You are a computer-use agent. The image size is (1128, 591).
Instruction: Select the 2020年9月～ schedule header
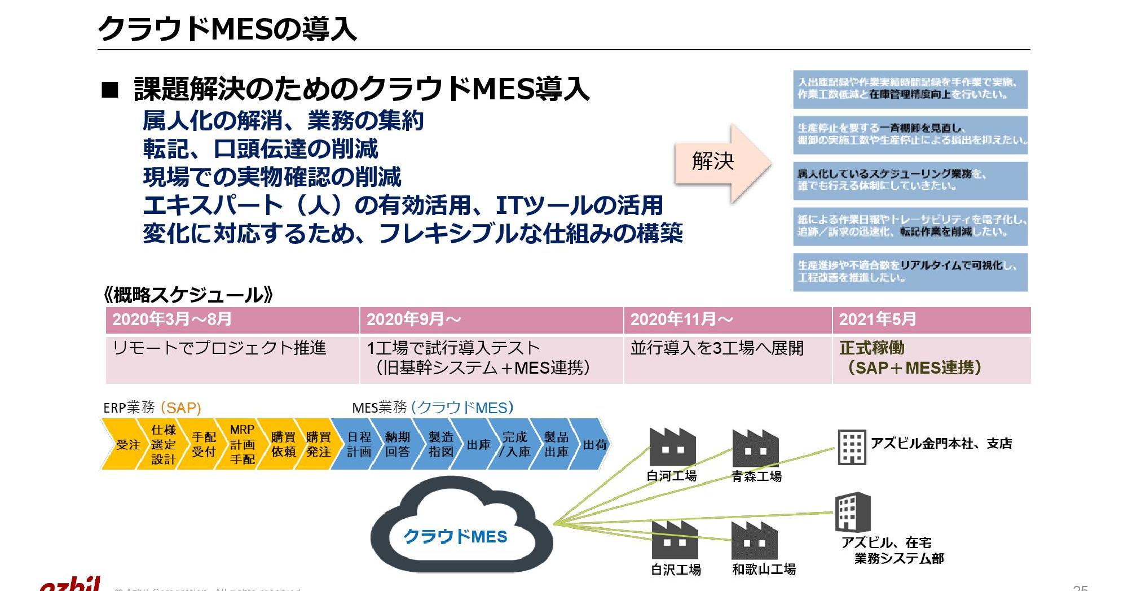491,320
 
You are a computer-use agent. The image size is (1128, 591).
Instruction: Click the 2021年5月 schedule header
931,320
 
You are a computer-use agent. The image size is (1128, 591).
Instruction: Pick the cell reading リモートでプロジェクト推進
232,359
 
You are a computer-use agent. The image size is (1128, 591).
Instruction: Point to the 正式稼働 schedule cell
931,359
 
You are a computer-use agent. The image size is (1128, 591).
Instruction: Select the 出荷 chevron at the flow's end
594,445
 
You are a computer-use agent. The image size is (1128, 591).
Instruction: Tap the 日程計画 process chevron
359,445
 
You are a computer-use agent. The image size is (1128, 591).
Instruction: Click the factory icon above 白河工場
672,447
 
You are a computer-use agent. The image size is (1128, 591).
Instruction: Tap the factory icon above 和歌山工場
755,541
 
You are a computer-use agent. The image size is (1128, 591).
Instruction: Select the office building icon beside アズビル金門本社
852,446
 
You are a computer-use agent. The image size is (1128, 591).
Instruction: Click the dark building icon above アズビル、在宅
852,512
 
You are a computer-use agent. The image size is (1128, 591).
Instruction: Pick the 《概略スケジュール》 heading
188,295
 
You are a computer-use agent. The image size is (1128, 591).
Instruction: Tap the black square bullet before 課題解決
110,90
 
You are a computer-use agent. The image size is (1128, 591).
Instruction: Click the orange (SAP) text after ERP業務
180,408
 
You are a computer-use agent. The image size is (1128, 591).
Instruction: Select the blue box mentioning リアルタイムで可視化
910,272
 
